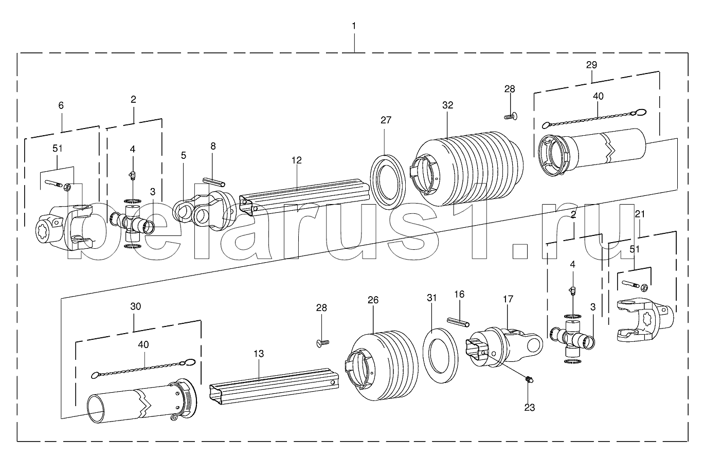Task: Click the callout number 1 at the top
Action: tap(354, 26)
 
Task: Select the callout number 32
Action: tap(447, 105)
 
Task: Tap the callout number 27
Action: tap(386, 120)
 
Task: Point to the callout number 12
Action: tap(296, 160)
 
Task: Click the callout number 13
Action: tap(259, 354)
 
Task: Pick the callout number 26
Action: tap(373, 300)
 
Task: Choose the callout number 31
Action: tap(432, 298)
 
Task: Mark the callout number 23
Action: tap(530, 408)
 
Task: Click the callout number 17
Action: tap(508, 299)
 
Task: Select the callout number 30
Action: tap(135, 306)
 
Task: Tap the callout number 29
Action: tap(591, 65)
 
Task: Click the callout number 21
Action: tap(640, 214)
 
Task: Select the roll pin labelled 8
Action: tap(214, 182)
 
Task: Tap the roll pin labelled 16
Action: tap(458, 322)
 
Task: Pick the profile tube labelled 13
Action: tap(274, 387)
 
